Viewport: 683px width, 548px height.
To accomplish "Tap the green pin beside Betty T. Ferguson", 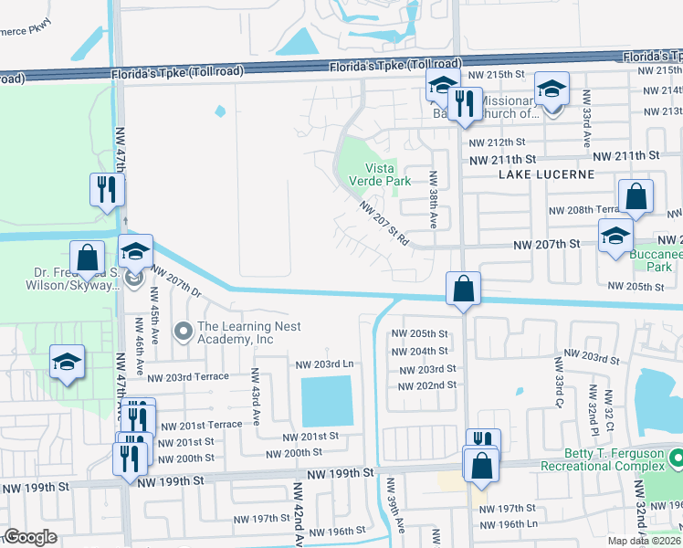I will click(676, 456).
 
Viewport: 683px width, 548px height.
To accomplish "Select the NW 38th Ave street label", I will click(433, 200).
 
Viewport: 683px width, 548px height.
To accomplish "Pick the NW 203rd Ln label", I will click(323, 364).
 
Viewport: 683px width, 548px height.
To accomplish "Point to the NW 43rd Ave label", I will click(257, 395).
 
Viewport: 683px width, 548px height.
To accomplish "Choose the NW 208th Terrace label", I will click(583, 210).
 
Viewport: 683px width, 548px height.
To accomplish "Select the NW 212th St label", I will click(497, 142).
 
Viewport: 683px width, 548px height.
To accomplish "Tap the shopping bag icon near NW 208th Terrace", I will click(636, 196).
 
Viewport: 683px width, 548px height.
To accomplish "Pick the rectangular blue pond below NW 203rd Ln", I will click(326, 400).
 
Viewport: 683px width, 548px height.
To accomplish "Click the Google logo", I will click(30, 537).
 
